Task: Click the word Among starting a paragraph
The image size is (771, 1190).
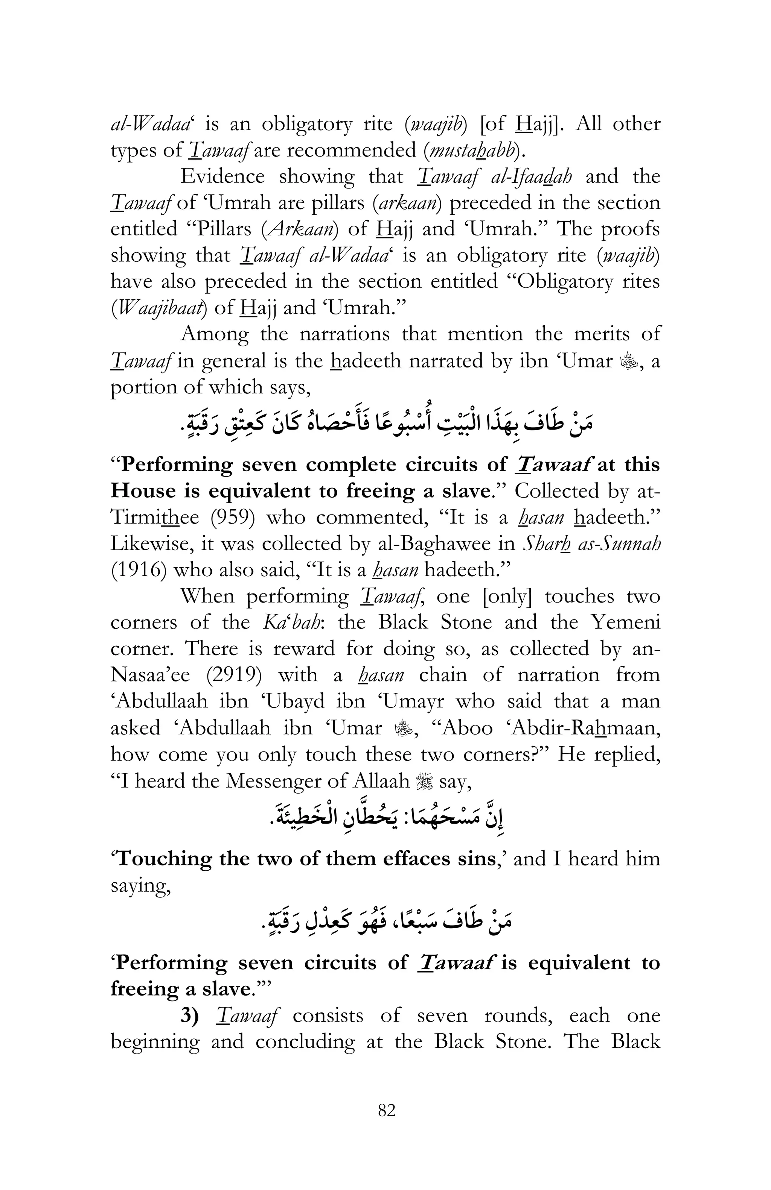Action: (214, 334)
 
